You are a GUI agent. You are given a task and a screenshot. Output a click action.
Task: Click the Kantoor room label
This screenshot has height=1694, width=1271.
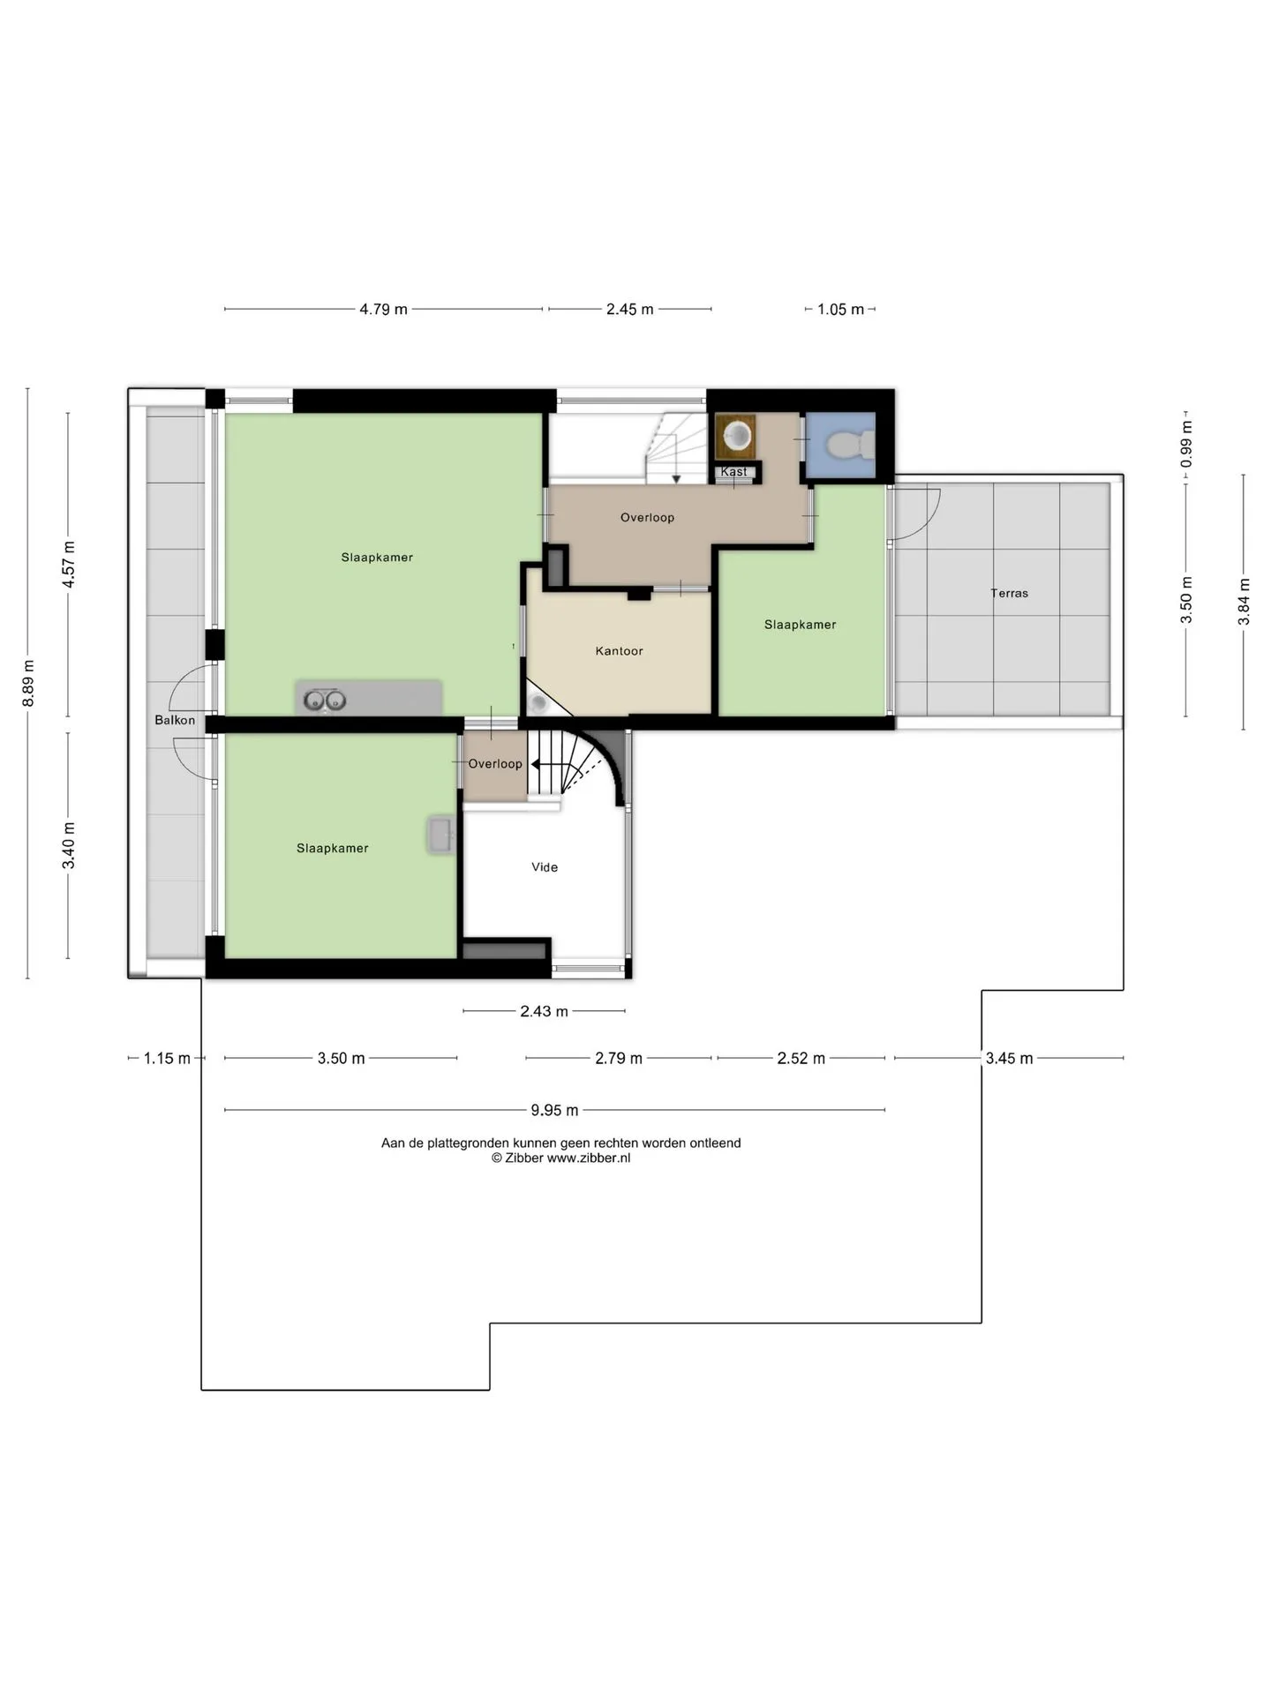[x=619, y=651]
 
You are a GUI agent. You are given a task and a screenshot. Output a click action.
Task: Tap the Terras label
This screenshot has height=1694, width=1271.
[x=1009, y=593]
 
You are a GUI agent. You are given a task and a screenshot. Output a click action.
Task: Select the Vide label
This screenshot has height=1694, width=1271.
[x=545, y=867]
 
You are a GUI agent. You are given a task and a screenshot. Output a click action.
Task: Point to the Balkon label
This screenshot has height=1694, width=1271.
[x=175, y=720]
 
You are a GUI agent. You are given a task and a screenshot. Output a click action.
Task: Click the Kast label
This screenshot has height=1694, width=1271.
[x=733, y=472]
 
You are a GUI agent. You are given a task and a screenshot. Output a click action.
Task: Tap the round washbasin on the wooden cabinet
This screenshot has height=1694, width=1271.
[x=736, y=435]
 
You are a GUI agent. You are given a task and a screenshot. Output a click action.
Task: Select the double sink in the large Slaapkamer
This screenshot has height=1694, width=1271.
[x=324, y=701]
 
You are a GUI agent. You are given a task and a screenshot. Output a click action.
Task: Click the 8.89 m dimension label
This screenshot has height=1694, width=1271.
[x=28, y=683]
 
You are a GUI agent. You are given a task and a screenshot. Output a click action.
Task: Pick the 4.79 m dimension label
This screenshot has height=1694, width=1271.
[x=383, y=310]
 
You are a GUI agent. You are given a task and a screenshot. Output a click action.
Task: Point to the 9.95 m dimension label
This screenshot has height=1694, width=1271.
[x=554, y=1110]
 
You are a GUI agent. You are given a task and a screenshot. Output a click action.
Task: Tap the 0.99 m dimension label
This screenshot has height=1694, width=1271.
[x=1186, y=445]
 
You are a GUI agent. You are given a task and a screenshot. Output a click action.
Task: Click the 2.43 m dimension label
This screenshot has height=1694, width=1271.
[x=544, y=1011]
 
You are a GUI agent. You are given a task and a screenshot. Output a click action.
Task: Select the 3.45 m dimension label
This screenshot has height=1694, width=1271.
[x=1009, y=1058]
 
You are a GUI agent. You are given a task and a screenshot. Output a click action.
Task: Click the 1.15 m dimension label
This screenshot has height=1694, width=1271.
[x=167, y=1058]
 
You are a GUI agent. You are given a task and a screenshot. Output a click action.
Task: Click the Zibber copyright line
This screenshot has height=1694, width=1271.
[x=561, y=1158]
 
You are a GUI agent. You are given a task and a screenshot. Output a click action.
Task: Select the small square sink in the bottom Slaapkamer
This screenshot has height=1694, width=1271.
[x=440, y=835]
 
